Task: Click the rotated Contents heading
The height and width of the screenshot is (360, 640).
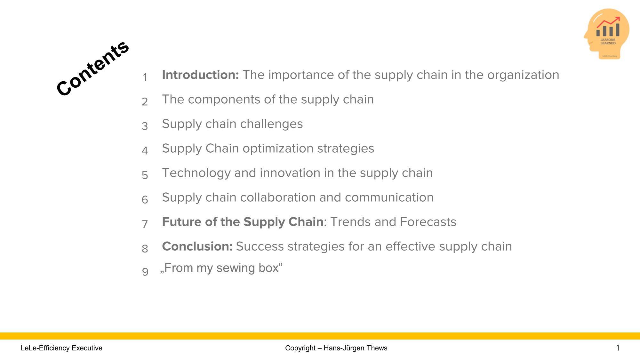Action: coord(93,68)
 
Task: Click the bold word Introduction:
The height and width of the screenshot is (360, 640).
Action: coord(200,75)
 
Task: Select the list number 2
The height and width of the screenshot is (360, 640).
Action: coord(145,102)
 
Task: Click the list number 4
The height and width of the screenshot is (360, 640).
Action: coord(145,151)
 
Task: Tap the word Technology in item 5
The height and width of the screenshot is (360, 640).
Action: coord(196,173)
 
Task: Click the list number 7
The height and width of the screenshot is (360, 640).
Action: coord(145,224)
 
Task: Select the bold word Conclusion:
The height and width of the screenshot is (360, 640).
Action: coord(197,246)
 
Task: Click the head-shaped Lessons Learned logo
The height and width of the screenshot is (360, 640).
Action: coord(607,34)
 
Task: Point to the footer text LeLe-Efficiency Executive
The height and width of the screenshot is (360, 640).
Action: coord(61,348)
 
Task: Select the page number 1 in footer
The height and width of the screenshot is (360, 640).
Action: coord(618,348)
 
